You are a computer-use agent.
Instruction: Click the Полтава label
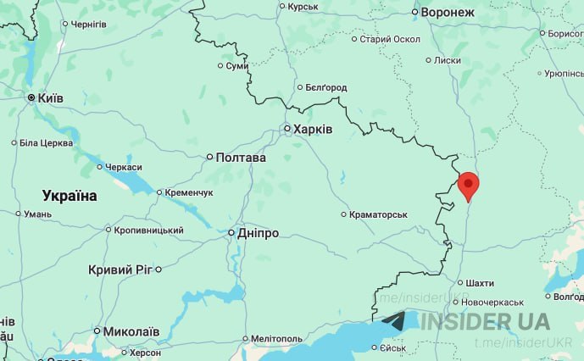tap(241, 158)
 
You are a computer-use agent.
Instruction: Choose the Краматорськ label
tap(378, 215)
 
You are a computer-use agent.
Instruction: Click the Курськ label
tap(303, 7)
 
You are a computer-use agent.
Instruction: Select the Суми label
tap(237, 66)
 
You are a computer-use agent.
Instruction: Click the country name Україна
tap(70, 196)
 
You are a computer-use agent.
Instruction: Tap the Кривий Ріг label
tap(120, 269)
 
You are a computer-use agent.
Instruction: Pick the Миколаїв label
tap(131, 330)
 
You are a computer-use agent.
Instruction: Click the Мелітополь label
tap(277, 339)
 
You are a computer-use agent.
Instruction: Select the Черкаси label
tap(125, 167)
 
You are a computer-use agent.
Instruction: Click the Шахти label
tap(480, 283)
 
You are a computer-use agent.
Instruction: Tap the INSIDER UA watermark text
tap(485, 322)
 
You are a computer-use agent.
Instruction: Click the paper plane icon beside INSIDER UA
tap(395, 321)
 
